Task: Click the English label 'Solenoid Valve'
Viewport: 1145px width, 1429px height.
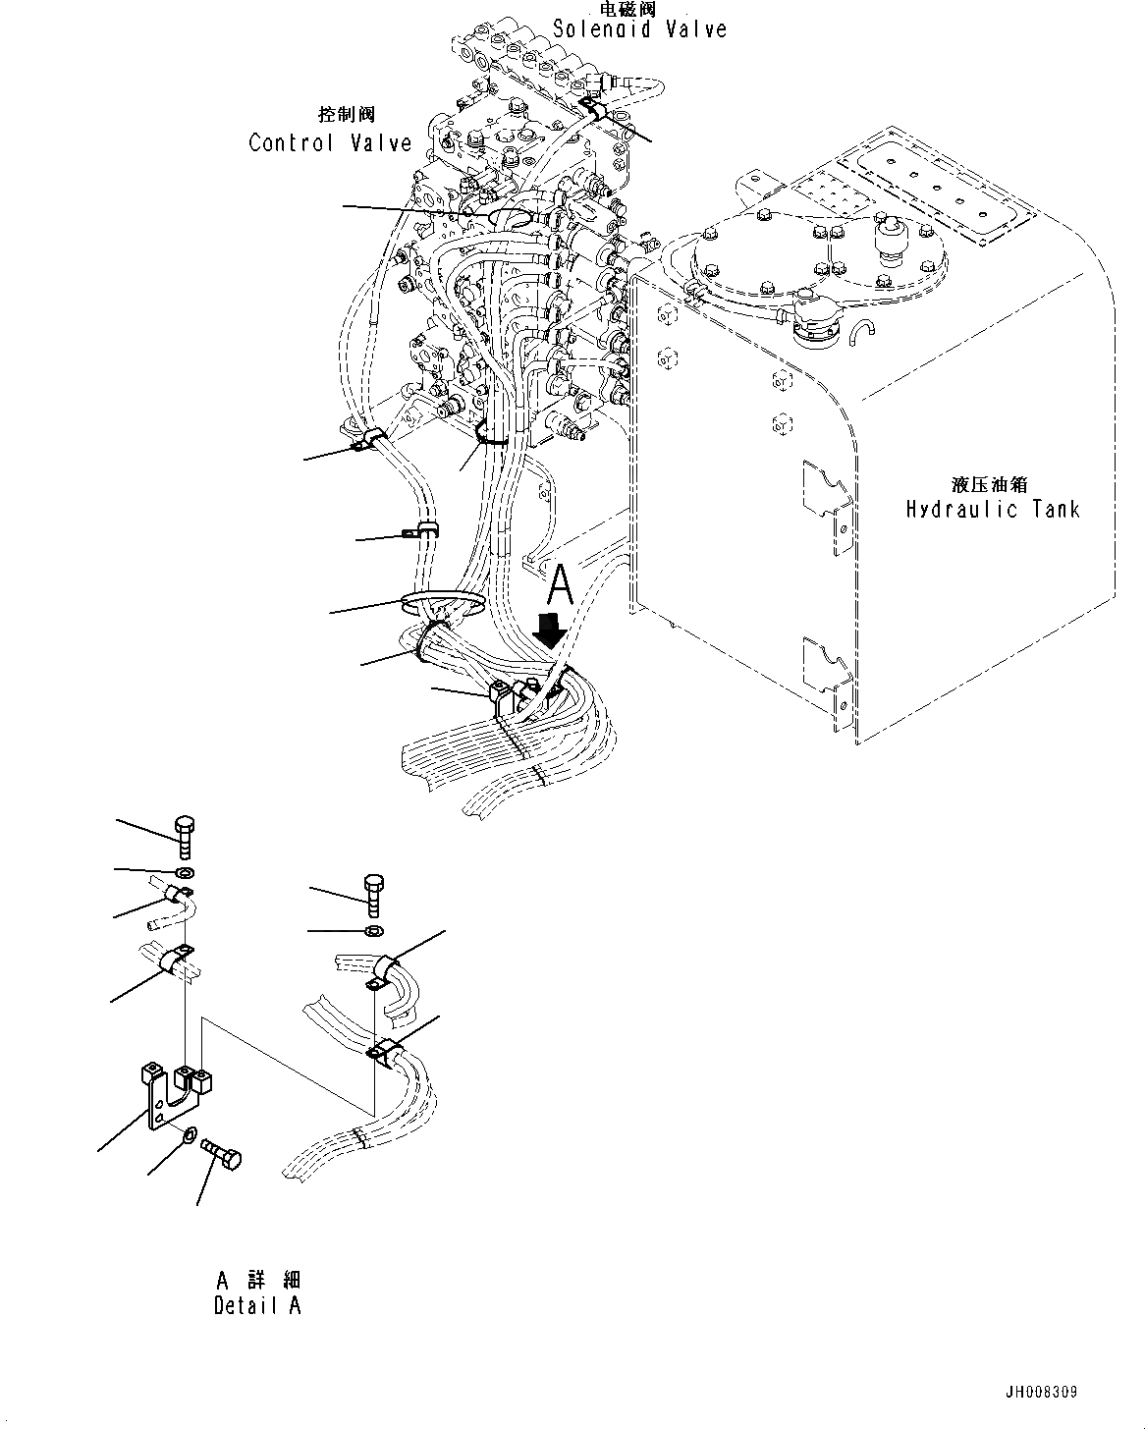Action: (639, 29)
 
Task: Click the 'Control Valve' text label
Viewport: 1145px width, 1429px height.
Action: (330, 143)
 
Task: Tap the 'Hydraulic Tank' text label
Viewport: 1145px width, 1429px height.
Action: (992, 509)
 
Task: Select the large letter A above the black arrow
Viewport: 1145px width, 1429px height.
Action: (559, 586)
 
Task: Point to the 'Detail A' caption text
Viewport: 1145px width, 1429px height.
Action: (257, 1305)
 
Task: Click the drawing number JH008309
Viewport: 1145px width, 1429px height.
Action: (1041, 1393)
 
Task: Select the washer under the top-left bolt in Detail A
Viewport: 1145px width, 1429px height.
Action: (185, 872)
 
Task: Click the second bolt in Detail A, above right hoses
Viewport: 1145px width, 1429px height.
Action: (374, 894)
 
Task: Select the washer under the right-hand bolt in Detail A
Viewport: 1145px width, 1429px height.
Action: (373, 930)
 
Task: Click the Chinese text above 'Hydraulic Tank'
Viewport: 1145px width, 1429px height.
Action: (991, 484)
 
